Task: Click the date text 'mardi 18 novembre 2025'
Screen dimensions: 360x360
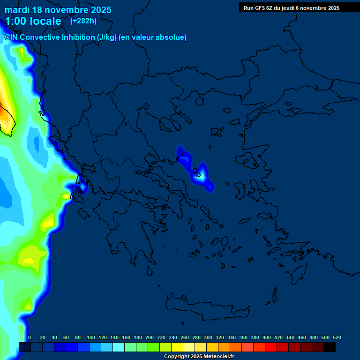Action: (x=58, y=10)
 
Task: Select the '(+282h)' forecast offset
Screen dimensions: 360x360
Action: (x=83, y=21)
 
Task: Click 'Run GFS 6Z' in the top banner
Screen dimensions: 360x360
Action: (x=259, y=8)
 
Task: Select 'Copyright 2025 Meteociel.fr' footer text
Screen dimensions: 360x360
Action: (x=199, y=357)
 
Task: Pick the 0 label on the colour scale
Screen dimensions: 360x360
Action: (x=30, y=337)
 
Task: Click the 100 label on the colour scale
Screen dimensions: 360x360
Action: (x=91, y=337)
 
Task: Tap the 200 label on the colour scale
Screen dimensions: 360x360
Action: (x=150, y=337)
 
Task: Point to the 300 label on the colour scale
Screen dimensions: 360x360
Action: (x=208, y=337)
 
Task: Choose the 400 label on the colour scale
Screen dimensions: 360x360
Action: (x=267, y=337)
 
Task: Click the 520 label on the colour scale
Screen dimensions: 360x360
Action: (x=337, y=337)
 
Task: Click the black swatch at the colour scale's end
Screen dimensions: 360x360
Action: (x=330, y=347)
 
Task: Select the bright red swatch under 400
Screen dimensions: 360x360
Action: (x=271, y=347)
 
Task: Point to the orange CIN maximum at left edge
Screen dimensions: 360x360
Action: (x=2, y=112)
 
